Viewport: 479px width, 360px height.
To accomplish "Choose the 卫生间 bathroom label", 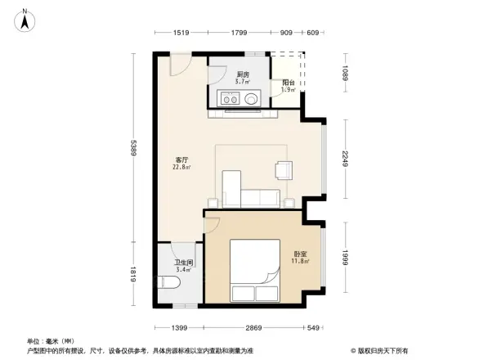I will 183,265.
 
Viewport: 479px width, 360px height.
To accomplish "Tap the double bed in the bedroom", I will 255,271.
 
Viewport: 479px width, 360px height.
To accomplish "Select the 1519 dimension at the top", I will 182,34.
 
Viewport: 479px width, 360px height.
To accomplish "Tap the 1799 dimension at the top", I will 239,34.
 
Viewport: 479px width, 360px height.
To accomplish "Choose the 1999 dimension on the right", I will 345,259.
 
